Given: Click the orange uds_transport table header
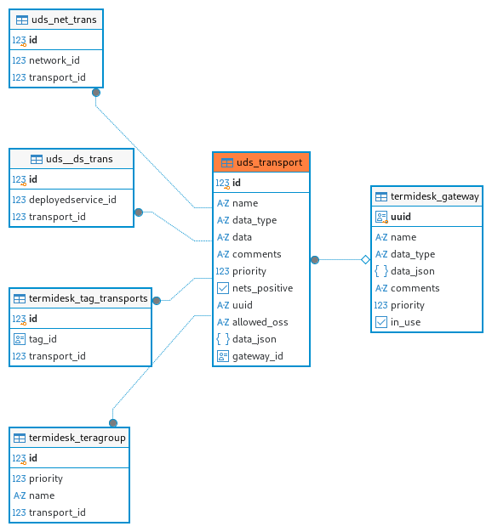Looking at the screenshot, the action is click(x=261, y=162).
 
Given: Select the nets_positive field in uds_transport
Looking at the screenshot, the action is click(x=262, y=288).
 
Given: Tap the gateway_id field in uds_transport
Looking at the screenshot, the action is click(x=258, y=356).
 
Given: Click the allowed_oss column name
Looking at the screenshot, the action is click(x=260, y=322).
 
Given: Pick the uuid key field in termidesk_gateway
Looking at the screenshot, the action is click(x=401, y=217).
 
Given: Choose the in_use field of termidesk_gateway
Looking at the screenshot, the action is click(x=405, y=322).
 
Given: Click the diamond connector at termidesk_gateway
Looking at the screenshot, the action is click(x=366, y=260).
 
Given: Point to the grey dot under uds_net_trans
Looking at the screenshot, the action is click(x=96, y=93).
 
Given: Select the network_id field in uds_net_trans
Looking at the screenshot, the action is click(x=54, y=60).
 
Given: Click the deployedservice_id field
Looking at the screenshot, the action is click(x=72, y=200).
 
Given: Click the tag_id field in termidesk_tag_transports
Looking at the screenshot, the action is click(x=43, y=339).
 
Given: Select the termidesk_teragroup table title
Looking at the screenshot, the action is click(x=77, y=438).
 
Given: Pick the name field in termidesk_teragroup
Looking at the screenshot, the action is click(x=42, y=495).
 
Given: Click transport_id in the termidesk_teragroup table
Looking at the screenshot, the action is click(x=57, y=512).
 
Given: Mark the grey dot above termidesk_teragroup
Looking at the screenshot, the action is click(x=113, y=422).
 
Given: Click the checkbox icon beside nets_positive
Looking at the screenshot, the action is click(x=222, y=288).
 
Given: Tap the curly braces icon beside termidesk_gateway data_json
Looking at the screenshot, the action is click(x=380, y=271).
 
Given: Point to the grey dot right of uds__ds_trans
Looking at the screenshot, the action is click(x=139, y=212).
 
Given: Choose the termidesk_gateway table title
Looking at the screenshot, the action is click(x=435, y=196).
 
